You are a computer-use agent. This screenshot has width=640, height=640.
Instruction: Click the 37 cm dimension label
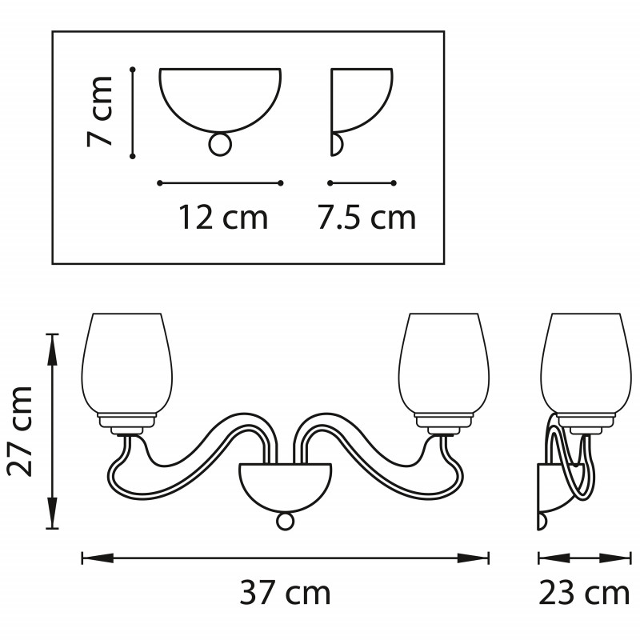coord(285,594)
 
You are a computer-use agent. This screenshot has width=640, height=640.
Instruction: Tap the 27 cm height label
coord(21,431)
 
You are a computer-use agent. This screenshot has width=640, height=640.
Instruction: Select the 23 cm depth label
coord(584,594)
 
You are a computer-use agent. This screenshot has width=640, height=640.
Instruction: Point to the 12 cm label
coord(223,218)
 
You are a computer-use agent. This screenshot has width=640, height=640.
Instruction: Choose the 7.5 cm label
coord(366,218)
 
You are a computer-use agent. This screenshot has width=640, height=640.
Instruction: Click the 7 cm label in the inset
coord(99,111)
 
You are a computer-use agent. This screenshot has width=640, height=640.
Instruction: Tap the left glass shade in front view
coord(127,364)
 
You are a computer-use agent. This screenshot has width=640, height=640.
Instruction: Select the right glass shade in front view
coord(444,364)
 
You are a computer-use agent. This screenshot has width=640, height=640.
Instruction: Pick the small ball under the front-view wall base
coord(285,522)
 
